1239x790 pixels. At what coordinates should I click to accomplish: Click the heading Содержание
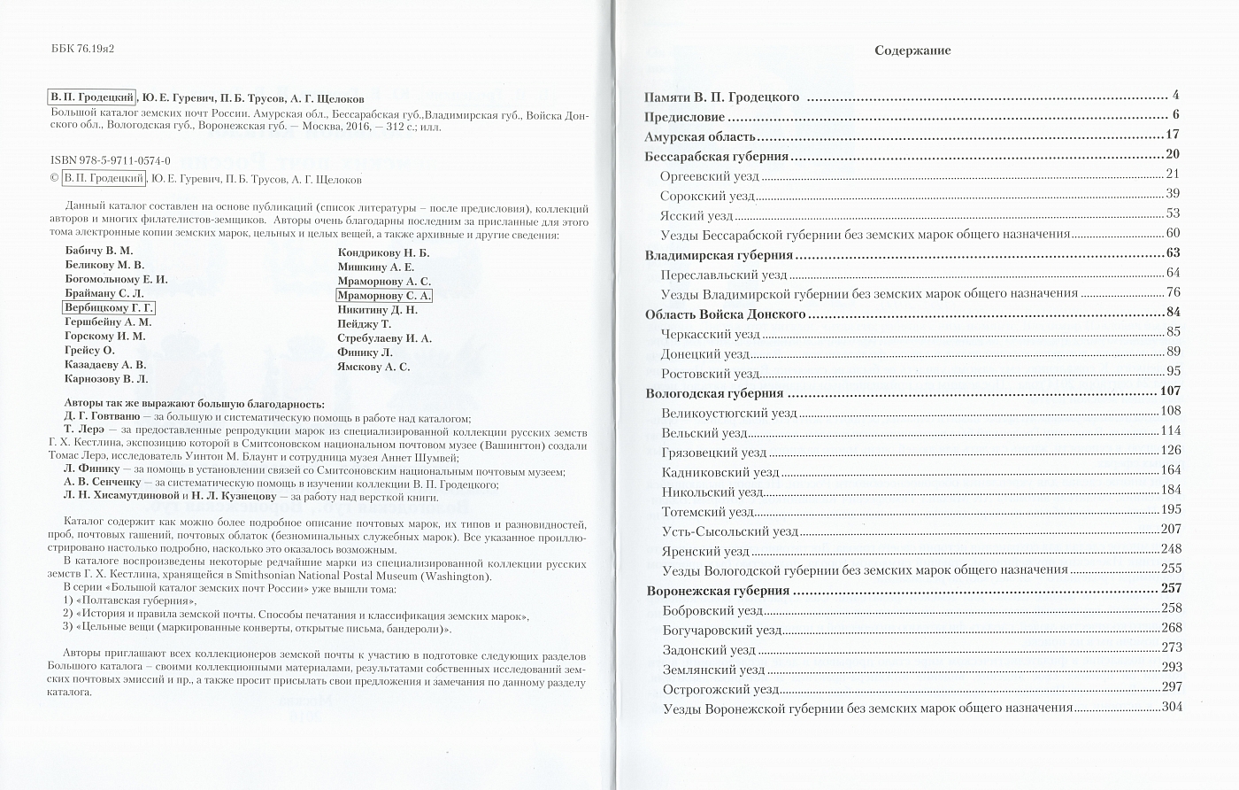pyautogui.click(x=912, y=50)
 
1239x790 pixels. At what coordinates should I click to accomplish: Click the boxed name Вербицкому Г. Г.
pyautogui.click(x=109, y=307)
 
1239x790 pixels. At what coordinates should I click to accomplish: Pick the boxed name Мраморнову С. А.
pyautogui.click(x=384, y=296)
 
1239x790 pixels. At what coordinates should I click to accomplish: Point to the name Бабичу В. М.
pyautogui.click(x=98, y=251)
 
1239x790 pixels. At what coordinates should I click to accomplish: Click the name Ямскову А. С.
pyautogui.click(x=373, y=367)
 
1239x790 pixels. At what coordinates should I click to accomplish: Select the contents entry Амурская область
pyautogui.click(x=700, y=136)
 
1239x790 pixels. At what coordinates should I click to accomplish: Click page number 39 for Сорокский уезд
pyautogui.click(x=1174, y=194)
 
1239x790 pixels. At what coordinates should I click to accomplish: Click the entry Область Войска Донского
pyautogui.click(x=725, y=314)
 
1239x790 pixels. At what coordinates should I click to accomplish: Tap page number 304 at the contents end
pyautogui.click(x=1171, y=707)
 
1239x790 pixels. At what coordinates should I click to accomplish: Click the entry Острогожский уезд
pyautogui.click(x=720, y=688)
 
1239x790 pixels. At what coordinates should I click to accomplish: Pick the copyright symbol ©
pyautogui.click(x=54, y=178)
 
